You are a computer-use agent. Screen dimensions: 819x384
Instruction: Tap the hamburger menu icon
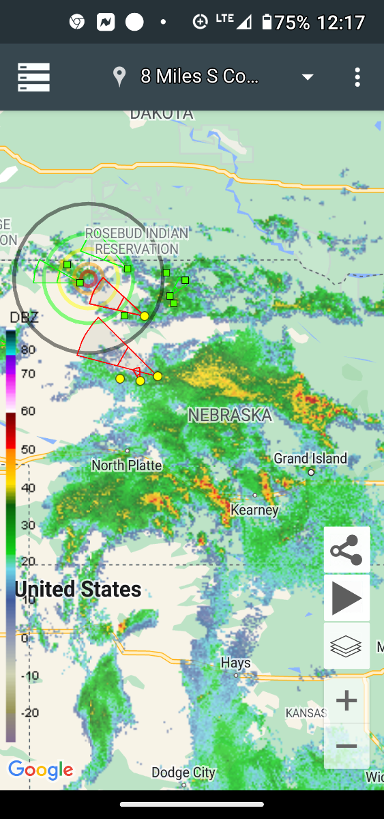(x=33, y=77)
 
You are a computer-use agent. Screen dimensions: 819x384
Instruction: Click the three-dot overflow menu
(x=357, y=77)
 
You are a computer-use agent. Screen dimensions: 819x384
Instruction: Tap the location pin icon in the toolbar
(x=119, y=77)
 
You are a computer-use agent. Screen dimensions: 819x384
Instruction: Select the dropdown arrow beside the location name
(x=308, y=77)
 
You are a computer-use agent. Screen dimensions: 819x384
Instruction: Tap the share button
(x=346, y=549)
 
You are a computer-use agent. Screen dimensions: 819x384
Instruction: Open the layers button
(x=346, y=646)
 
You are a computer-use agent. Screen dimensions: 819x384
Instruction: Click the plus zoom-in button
(x=346, y=700)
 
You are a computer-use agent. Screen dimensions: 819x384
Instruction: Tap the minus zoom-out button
(x=346, y=747)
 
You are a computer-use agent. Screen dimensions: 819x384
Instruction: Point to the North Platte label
(x=127, y=465)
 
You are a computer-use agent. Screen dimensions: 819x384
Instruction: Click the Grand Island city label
(x=310, y=459)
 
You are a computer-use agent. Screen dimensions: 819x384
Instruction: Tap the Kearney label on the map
(x=254, y=510)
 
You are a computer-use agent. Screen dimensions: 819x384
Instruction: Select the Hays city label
(x=235, y=663)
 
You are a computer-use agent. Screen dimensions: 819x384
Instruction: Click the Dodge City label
(x=183, y=773)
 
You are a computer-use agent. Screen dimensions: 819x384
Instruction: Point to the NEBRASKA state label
(x=230, y=415)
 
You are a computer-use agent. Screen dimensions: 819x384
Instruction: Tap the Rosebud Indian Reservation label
(x=136, y=241)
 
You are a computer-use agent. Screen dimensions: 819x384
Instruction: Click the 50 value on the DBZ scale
(x=28, y=449)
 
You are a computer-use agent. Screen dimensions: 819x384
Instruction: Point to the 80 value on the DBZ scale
(x=28, y=349)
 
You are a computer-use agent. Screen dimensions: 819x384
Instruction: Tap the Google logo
(x=41, y=771)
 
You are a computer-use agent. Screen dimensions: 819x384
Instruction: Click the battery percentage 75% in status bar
(x=293, y=23)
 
